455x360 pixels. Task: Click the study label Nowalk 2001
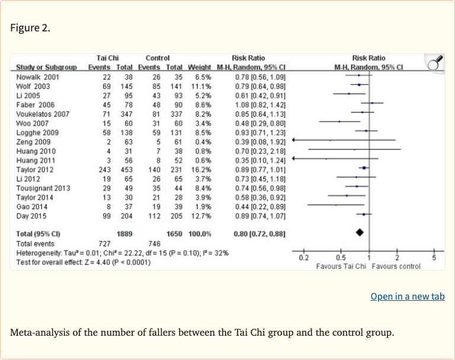[x=37, y=77]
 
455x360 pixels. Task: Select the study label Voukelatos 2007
[x=43, y=114]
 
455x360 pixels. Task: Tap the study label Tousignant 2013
[x=42, y=187]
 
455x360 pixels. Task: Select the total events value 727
[x=103, y=243]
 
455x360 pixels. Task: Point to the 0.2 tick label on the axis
[x=303, y=258]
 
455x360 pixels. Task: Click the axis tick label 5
[x=434, y=258]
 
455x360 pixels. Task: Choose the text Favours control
[x=396, y=266]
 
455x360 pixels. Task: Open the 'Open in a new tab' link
[x=407, y=297]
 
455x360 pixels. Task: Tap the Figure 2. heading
[x=30, y=28]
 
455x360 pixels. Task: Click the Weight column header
[x=200, y=67]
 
